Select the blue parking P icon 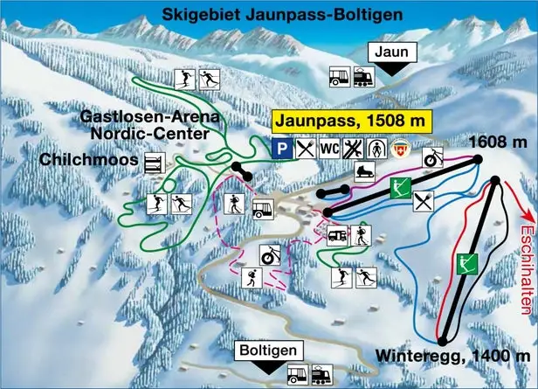(279, 149)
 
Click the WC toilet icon (329, 149)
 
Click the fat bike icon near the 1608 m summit (434, 159)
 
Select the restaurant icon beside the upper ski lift (423, 202)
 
